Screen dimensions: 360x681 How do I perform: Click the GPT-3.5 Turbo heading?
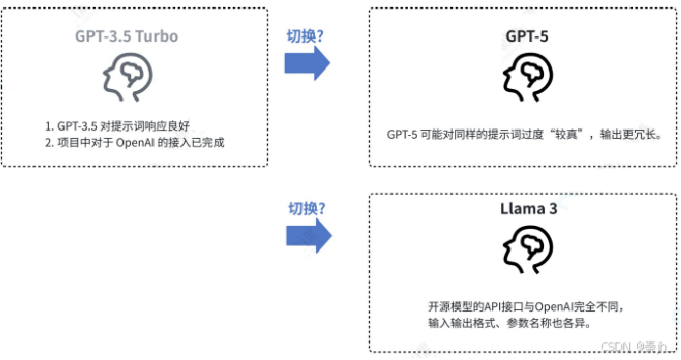(x=126, y=37)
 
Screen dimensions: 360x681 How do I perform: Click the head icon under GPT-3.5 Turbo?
(x=126, y=77)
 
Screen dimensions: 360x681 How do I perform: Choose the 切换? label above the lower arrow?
(x=305, y=208)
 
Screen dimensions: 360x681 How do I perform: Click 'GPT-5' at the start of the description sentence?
(x=402, y=133)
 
